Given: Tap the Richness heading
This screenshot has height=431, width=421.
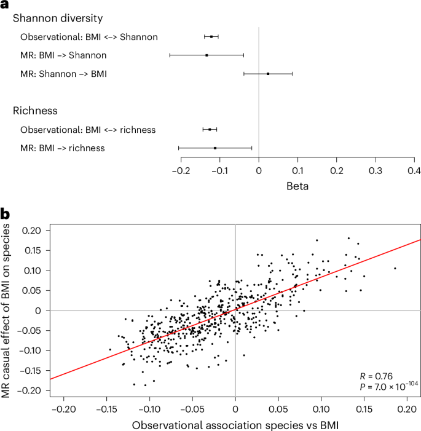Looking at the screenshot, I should (x=35, y=111).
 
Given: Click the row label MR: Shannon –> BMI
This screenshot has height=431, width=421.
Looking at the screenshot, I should (x=63, y=74).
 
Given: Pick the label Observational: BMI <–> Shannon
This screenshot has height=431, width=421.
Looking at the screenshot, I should (x=89, y=37).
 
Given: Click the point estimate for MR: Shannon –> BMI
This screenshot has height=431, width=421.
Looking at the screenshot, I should (x=268, y=74).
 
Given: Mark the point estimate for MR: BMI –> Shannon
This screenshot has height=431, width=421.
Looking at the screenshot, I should (x=207, y=55).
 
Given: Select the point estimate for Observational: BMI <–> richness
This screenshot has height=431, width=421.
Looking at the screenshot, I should (x=210, y=130).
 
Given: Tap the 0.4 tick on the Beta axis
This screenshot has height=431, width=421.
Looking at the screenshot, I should (x=414, y=170).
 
